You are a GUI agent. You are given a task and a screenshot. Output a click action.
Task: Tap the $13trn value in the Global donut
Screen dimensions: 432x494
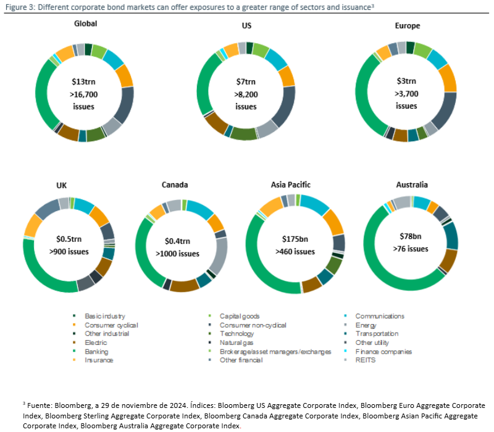85,81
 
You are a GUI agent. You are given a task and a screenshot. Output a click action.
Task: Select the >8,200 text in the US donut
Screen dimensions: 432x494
246,94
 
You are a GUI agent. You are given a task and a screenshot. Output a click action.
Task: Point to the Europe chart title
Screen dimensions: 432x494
407,26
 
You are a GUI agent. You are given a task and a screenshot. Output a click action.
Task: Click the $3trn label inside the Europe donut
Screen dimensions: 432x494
406,81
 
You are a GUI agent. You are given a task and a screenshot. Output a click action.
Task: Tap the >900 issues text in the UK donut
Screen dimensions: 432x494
69,251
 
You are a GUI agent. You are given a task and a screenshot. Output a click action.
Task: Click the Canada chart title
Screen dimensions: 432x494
175,185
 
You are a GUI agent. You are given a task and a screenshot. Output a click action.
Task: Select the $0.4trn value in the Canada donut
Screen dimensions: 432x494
177,241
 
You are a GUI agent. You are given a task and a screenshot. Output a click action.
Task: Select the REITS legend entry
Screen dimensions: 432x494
366,360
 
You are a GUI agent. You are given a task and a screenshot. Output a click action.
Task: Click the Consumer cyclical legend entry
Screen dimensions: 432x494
111,325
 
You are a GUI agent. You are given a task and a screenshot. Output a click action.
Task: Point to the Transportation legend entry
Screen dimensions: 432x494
377,334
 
